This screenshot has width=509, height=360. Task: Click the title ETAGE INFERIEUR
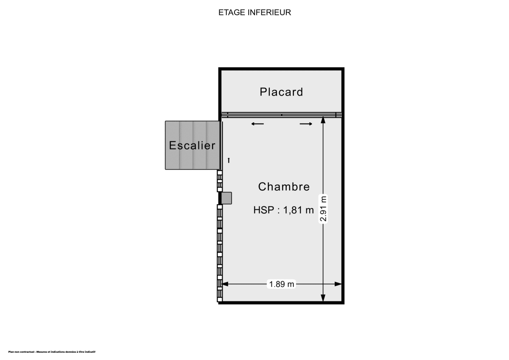255,12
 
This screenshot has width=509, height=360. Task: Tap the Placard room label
281,92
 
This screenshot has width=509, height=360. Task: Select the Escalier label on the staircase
192,146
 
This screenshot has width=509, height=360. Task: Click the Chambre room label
284,186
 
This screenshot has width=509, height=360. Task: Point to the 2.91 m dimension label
323,209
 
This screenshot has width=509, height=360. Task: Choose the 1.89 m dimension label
281,284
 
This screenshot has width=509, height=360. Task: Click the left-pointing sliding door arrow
257,124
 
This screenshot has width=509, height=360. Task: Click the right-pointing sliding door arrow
306,124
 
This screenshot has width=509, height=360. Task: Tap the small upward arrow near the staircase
229,160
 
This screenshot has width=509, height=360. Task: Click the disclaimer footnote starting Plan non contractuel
52,352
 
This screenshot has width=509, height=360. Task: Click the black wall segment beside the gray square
220,198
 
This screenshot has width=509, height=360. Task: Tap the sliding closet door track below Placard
281,115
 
